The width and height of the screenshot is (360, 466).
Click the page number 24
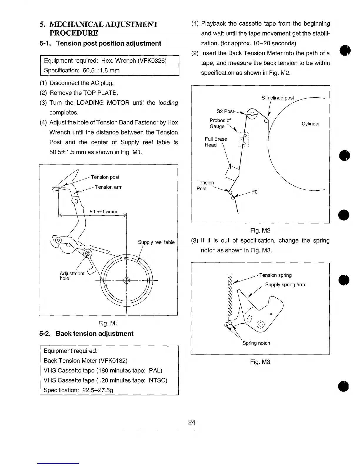(192, 422)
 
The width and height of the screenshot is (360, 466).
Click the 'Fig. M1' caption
(108, 323)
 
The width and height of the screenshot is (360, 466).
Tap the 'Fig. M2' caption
(260, 230)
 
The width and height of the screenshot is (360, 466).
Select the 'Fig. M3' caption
(260, 362)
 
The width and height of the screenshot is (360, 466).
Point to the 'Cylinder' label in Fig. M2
(311, 124)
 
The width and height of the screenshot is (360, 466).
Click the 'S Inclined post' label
(278, 98)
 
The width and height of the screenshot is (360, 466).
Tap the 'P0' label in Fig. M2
(254, 192)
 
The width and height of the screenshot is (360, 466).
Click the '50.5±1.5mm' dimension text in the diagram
(103, 212)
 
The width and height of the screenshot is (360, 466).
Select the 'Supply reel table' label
(156, 242)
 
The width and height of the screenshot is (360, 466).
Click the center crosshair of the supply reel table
(126, 280)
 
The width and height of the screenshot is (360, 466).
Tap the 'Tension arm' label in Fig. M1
(109, 187)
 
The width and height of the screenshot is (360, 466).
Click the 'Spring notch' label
(256, 343)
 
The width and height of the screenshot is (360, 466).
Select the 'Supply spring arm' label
(285, 284)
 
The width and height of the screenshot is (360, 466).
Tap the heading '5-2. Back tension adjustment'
(86, 334)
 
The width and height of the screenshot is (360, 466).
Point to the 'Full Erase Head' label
(216, 142)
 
